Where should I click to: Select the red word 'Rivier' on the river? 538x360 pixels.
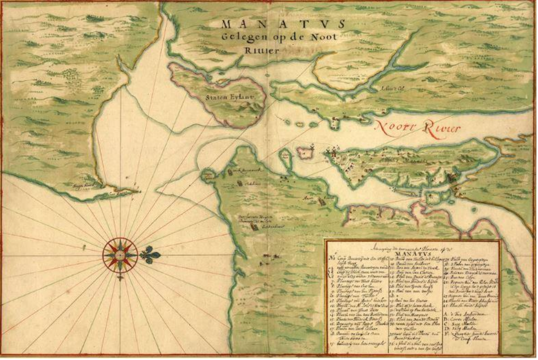click(x=442, y=129)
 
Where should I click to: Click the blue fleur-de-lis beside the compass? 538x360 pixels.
click(x=150, y=255)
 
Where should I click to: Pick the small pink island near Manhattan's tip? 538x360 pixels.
click(x=305, y=153)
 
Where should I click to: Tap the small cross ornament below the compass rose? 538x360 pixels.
click(x=120, y=278)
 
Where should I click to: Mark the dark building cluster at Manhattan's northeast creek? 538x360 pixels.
click(x=451, y=178)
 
